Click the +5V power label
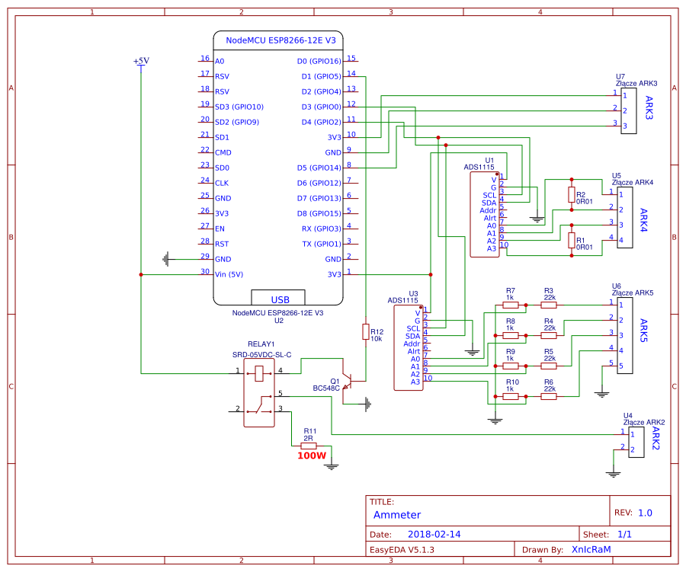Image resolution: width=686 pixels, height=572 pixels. click(141, 61)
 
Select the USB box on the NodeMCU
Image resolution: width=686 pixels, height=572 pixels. click(277, 297)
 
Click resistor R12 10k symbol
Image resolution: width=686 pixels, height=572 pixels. click(366, 331)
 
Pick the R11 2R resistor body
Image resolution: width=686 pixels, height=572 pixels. click(309, 446)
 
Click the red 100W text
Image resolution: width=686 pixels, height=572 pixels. click(311, 456)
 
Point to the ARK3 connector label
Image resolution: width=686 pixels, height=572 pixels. click(649, 107)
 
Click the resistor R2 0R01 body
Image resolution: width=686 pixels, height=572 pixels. click(572, 195)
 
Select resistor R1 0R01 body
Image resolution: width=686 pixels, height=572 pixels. click(572, 241)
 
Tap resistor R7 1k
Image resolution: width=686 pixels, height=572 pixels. click(510, 305)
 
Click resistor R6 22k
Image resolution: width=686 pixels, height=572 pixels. click(549, 396)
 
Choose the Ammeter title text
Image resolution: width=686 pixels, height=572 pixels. click(396, 515)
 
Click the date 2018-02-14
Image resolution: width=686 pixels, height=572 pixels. click(434, 535)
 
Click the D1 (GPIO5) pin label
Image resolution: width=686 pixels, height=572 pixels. click(321, 76)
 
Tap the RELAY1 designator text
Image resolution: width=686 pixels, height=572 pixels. click(261, 344)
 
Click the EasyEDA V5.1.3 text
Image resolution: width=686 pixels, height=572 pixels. click(402, 549)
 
